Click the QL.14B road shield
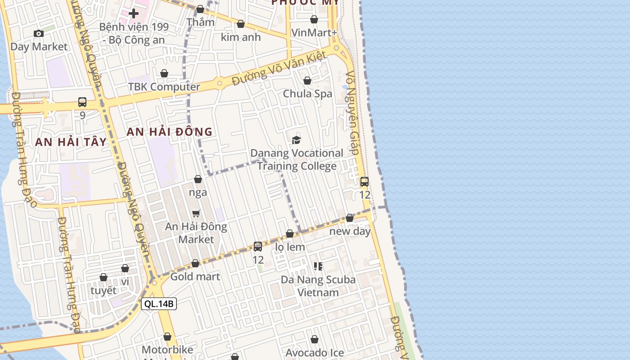click(159, 304)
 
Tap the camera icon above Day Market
click(39, 33)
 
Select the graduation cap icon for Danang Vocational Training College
click(296, 140)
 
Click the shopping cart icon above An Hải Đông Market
click(196, 213)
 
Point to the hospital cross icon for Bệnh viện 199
click(134, 13)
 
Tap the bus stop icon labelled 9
click(82, 102)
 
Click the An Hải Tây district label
click(71, 142)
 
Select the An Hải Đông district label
click(169, 132)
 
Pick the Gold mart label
click(195, 276)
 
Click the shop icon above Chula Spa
click(307, 81)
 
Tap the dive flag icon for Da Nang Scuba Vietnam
click(318, 266)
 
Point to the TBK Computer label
click(164, 87)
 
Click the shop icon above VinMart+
click(314, 19)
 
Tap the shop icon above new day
click(350, 218)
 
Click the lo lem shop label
click(290, 247)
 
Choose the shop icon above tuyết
click(103, 277)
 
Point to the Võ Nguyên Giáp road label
click(352, 112)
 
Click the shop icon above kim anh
click(241, 24)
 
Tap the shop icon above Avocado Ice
click(315, 339)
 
